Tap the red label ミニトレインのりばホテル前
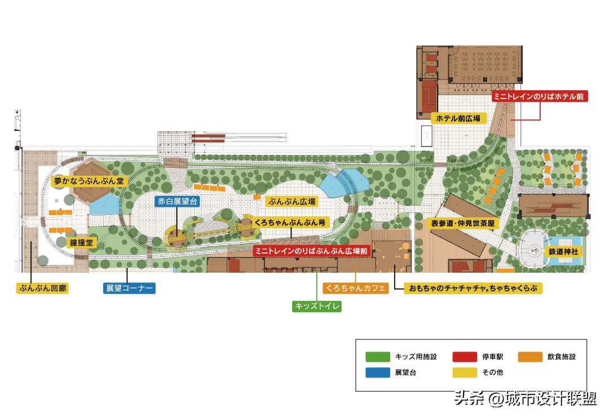pos(540,96)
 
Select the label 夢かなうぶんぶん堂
pos(89,181)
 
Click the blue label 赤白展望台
pos(177,201)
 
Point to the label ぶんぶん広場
pos(292,201)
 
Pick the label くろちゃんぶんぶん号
pos(290,223)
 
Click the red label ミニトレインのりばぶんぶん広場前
pos(311,251)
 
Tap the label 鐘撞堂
pos(82,243)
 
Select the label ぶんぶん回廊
pos(42,288)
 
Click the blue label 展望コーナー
pos(129,288)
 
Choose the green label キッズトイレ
pos(317,306)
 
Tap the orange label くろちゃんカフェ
pos(356,288)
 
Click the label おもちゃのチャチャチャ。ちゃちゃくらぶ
pos(469,288)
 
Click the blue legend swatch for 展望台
pos(377,372)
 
